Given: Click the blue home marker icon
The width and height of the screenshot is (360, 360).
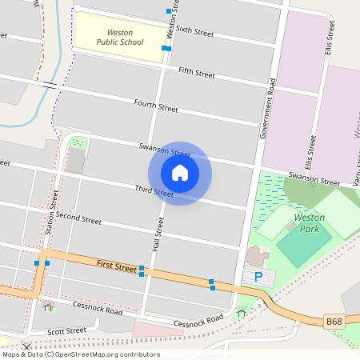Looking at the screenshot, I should (x=180, y=172).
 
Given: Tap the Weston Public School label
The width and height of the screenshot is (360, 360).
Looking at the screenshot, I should (x=120, y=37).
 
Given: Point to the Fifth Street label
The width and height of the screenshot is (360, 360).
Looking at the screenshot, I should (x=197, y=73).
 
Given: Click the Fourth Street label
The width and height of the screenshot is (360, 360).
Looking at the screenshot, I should (x=155, y=106).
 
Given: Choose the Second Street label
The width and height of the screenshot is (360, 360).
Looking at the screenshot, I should (x=78, y=218).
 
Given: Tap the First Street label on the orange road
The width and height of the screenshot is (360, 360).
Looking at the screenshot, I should (x=117, y=264).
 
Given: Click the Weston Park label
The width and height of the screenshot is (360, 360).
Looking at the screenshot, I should (x=309, y=222).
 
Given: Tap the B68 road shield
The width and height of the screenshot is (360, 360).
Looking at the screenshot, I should (x=334, y=322).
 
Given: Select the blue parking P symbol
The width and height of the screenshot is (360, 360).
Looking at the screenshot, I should (x=258, y=277).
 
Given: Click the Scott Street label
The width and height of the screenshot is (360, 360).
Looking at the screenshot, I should (x=66, y=330).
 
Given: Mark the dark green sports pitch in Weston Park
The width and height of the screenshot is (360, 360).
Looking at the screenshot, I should (x=304, y=248).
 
